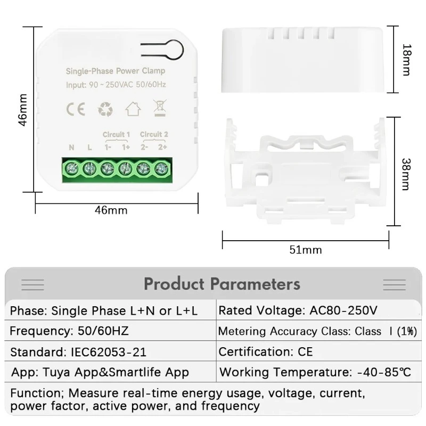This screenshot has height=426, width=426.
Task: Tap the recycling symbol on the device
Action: (x=105, y=109)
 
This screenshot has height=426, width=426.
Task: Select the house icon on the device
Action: (x=133, y=109)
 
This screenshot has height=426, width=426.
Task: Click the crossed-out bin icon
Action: (x=159, y=108)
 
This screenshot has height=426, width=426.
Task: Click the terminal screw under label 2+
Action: (x=160, y=168)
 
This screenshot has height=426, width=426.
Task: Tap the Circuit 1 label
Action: (x=116, y=134)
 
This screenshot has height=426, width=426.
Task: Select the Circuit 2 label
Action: (x=154, y=134)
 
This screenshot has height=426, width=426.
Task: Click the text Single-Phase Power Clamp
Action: (x=115, y=71)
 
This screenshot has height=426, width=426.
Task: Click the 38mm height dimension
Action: (x=406, y=171)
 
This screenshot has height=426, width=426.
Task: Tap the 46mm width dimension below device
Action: (x=111, y=210)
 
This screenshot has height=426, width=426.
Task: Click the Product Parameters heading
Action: (x=222, y=283)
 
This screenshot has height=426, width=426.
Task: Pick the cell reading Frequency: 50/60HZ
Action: (x=69, y=331)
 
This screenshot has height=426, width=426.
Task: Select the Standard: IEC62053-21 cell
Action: (x=78, y=351)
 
